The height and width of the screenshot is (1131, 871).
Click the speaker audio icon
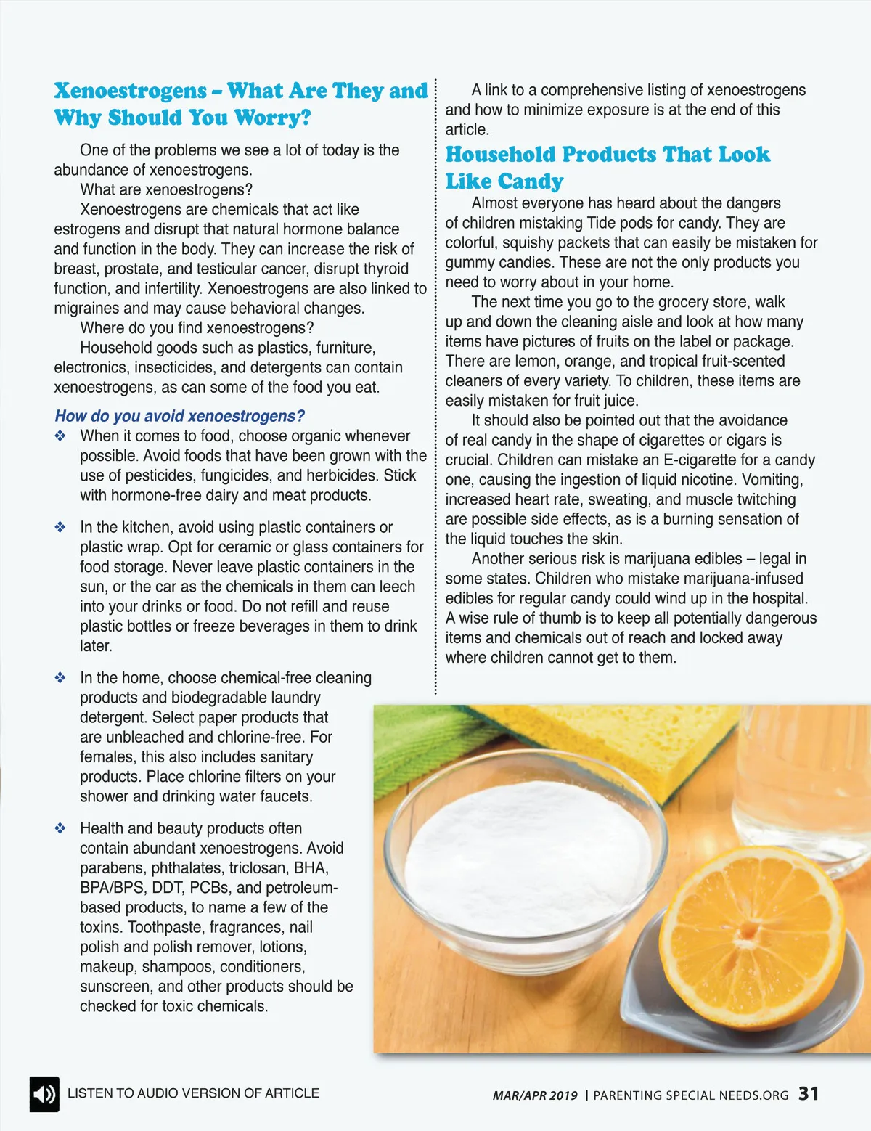pyautogui.click(x=44, y=1094)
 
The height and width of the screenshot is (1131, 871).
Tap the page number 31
pyautogui.click(x=809, y=1093)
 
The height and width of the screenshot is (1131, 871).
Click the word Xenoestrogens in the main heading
pyautogui.click(x=131, y=91)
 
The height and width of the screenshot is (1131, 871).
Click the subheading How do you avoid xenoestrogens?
pyautogui.click(x=179, y=416)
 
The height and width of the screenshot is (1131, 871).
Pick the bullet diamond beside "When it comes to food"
pyautogui.click(x=60, y=436)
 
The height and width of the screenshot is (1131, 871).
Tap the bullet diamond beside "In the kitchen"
pyautogui.click(x=60, y=528)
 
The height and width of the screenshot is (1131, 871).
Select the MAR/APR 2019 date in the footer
pyautogui.click(x=535, y=1095)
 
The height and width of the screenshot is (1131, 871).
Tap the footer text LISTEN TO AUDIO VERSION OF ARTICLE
pyautogui.click(x=193, y=1093)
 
